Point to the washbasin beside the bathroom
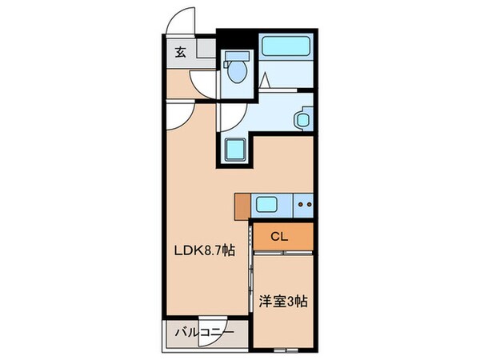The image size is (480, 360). (302, 119)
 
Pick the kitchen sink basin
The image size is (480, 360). (267, 206)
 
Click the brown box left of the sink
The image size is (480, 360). (244, 206)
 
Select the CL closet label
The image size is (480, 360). (279, 236)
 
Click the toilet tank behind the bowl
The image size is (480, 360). (236, 58)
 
